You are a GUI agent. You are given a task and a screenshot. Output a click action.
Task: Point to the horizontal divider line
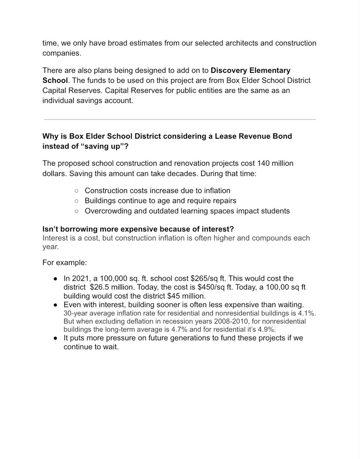[x=180, y=119]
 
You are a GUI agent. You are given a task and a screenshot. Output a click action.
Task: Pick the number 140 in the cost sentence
[x=264, y=163]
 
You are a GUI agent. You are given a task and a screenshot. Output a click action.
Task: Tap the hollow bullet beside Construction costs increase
[x=77, y=191]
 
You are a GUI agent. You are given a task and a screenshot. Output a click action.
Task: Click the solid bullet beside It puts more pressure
[x=56, y=338]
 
